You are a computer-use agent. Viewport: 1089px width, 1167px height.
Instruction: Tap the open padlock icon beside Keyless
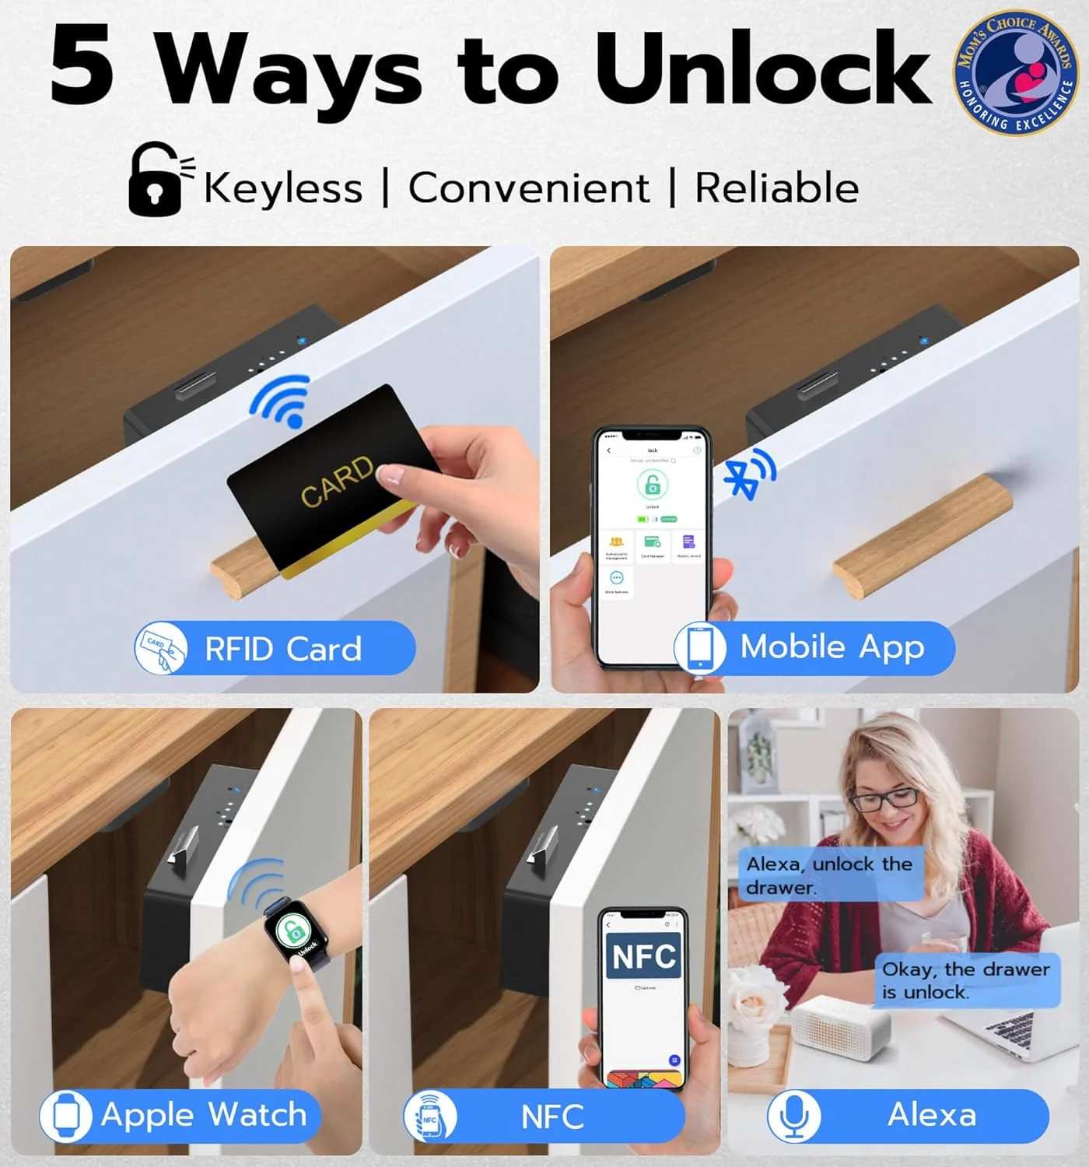tap(156, 180)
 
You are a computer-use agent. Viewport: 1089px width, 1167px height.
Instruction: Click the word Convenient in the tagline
tap(529, 188)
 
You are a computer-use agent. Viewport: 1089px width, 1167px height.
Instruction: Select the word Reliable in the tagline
tap(776, 188)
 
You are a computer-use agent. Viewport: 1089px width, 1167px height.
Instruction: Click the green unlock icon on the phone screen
tap(652, 485)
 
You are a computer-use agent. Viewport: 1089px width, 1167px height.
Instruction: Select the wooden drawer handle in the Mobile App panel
tap(923, 536)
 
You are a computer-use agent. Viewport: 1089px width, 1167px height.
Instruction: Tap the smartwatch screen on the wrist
tap(296, 933)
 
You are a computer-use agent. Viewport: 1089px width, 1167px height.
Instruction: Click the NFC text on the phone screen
tap(643, 956)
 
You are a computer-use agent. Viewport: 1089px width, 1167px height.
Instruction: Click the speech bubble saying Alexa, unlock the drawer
tap(829, 874)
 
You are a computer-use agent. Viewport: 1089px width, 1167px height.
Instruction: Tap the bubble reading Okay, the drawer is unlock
tap(966, 980)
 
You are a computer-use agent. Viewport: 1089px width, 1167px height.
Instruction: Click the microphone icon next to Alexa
tap(793, 1116)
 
